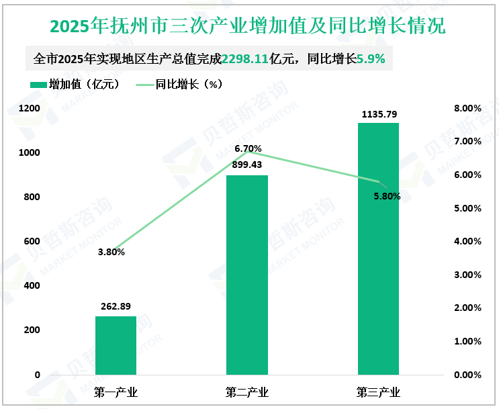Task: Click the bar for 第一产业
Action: pos(116,345)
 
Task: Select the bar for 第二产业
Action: pos(247,275)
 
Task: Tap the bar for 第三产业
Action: pos(378,248)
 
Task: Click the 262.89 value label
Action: pos(116,306)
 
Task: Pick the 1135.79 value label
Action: pos(379,114)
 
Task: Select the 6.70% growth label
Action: pos(248,148)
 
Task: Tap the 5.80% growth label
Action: pos(387,197)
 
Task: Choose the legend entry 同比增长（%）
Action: pos(179,85)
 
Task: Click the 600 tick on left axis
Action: pos(32,241)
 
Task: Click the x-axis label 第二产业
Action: pos(247,392)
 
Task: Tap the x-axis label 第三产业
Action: pos(378,392)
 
